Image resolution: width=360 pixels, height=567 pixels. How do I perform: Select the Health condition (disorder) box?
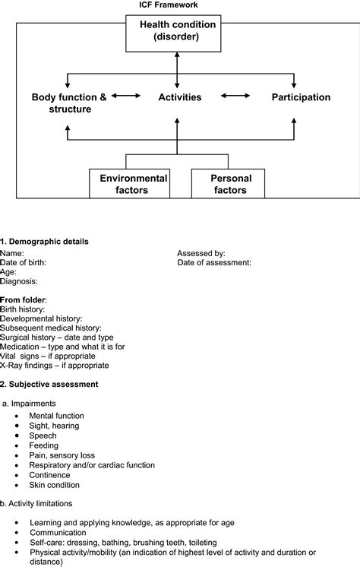point(178,31)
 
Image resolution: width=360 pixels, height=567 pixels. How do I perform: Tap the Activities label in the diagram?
point(180,97)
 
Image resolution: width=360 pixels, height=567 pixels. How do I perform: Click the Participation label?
point(301,97)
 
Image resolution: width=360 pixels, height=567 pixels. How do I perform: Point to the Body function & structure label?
point(69,103)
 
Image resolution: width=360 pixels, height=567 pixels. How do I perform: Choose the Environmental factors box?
point(129,184)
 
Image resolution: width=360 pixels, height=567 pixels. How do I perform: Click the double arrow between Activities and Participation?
point(235,97)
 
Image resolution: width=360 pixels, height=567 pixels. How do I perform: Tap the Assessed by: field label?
point(201,253)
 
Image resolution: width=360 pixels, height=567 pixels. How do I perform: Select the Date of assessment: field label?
point(214,262)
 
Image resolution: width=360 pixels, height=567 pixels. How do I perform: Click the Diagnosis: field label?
point(19,281)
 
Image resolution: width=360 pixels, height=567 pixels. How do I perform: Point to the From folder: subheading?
point(24,300)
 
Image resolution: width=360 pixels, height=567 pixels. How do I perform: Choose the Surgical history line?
point(57,337)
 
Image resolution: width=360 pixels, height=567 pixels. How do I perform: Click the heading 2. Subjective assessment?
point(49,385)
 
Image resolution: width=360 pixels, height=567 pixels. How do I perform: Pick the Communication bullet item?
point(58,533)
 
